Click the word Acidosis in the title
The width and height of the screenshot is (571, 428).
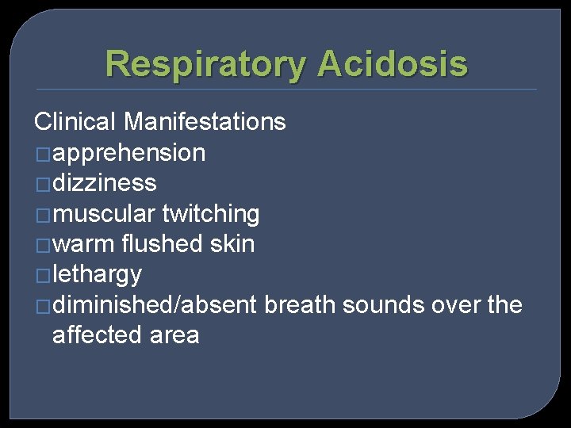click(x=392, y=64)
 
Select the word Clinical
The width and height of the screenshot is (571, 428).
click(x=75, y=121)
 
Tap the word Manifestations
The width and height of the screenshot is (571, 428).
click(x=205, y=121)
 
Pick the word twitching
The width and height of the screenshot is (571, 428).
click(x=210, y=213)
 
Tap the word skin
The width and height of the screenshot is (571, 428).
click(x=233, y=244)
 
